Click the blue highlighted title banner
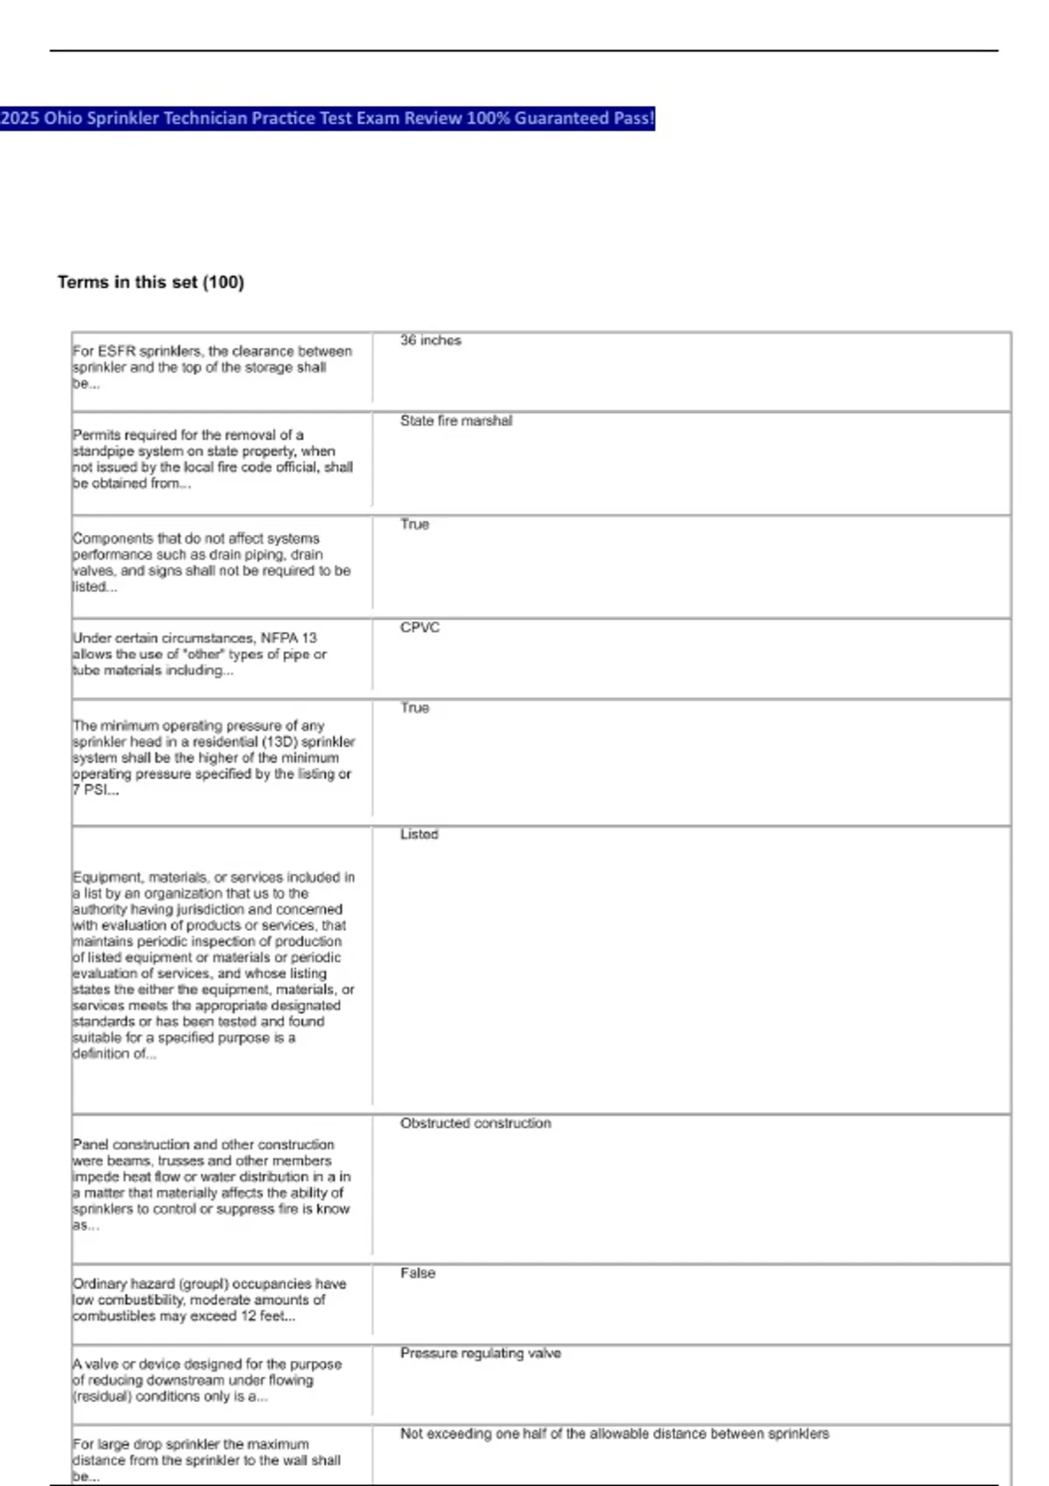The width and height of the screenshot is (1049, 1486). (327, 118)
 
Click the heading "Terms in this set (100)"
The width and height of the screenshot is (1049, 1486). (150, 281)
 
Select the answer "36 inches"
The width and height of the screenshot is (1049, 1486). (430, 340)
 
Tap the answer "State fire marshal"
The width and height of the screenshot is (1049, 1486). (455, 420)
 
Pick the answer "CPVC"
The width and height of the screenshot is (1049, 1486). (420, 628)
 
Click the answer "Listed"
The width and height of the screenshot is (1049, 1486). (419, 834)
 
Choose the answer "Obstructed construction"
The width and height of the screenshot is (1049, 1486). (475, 1122)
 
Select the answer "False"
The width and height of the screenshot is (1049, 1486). (417, 1273)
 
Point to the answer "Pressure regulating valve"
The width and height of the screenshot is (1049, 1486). (480, 1353)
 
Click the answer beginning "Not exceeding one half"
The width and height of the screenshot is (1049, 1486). (614, 1434)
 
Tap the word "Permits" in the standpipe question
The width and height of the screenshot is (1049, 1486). (96, 434)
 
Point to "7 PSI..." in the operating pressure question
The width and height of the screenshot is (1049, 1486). (95, 789)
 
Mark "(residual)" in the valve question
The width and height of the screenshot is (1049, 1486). (103, 1396)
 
